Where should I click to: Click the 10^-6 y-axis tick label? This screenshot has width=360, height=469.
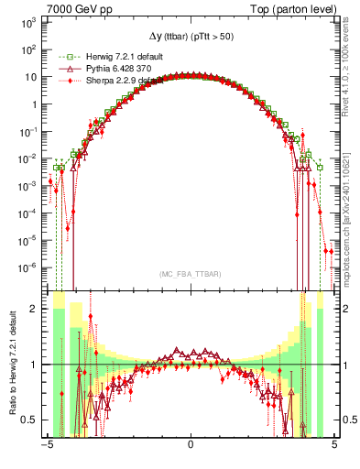tap(27, 268)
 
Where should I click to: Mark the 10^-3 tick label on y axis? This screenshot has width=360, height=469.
tap(27, 186)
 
